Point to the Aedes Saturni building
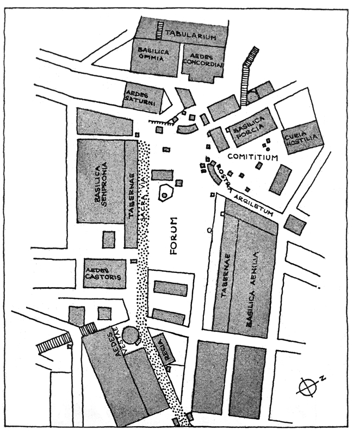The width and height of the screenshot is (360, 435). click(141, 98)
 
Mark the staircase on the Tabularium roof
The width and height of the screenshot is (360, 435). click(160, 29)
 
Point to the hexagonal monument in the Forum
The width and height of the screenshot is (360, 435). click(164, 194)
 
